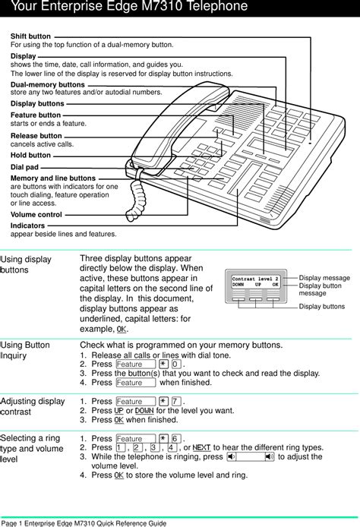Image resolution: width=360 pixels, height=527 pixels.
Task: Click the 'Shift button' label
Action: tap(31, 36)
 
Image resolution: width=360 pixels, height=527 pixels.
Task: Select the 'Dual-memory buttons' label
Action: tap(48, 84)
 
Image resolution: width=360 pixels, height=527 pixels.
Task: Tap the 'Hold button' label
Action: tap(31, 155)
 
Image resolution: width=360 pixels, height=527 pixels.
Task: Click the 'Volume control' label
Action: tap(36, 215)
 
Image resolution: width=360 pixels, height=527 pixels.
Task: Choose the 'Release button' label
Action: tap(36, 135)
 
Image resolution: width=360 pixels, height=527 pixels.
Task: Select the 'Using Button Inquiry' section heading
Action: tap(25, 350)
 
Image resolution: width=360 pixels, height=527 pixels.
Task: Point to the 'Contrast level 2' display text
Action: tap(255, 280)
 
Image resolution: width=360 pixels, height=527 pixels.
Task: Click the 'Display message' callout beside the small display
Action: tap(324, 278)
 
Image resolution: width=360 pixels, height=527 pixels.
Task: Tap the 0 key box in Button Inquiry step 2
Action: tap(175, 364)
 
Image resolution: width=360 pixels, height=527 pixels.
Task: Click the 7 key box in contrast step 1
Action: tap(175, 402)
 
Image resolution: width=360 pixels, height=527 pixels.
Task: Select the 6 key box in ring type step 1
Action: tap(175, 439)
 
